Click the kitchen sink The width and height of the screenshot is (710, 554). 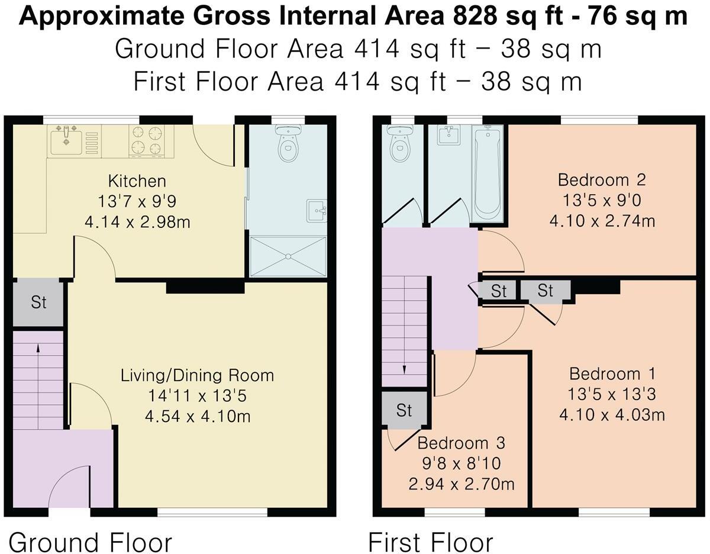[66, 140]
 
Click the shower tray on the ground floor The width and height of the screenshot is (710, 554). [288, 256]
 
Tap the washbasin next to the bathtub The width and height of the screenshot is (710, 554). [448, 136]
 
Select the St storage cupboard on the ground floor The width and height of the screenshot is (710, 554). [38, 302]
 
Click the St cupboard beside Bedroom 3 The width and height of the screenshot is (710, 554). [404, 410]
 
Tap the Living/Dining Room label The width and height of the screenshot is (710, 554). [197, 375]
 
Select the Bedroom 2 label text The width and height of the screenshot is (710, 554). [601, 179]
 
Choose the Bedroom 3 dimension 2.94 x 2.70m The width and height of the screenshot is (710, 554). [461, 484]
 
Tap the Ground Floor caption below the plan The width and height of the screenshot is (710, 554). [91, 542]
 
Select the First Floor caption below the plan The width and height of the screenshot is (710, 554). [431, 542]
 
